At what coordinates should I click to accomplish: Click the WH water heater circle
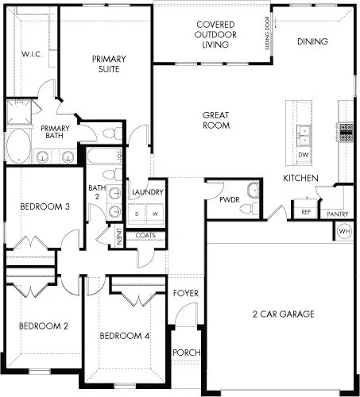pos(344,231)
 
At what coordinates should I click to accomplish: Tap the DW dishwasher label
pos(304,155)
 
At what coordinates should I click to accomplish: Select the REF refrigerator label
pos(306,212)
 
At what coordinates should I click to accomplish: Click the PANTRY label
pos(337,214)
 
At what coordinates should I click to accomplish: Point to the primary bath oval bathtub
pos(18,146)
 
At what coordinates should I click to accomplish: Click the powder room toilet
pos(250,209)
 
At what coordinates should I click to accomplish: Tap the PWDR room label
pos(230,200)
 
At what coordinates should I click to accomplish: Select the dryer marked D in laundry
pos(137,214)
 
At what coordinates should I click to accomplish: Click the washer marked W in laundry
pos(155,214)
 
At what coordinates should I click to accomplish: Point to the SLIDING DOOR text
pos(267,33)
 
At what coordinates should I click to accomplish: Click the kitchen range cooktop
pos(346,132)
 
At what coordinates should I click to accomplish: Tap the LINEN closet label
pos(119,236)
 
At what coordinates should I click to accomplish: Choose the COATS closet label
pos(145,235)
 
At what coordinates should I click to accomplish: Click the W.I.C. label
pos(32,55)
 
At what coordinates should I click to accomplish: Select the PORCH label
pos(187,353)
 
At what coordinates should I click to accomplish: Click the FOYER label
pos(186,293)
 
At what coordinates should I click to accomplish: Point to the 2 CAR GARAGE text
pos(284,314)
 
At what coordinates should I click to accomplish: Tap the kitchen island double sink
pos(304,134)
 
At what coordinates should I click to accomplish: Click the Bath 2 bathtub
pos(104,156)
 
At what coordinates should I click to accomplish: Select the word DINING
pos(312,41)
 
